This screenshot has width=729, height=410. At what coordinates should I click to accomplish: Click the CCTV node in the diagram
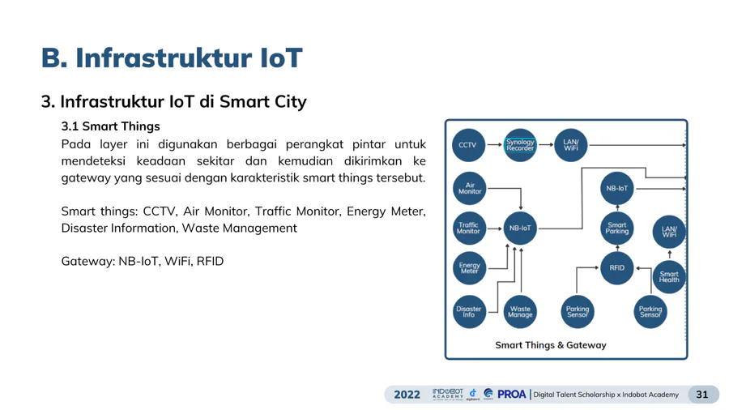[468, 145]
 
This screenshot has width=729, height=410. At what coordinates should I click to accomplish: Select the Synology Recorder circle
[520, 145]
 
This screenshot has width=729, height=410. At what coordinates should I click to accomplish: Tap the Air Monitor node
[470, 188]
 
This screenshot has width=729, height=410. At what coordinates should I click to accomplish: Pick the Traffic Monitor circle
[469, 228]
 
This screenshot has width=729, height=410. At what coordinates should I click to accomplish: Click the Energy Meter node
[469, 268]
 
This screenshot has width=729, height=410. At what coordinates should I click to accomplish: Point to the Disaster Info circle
[469, 311]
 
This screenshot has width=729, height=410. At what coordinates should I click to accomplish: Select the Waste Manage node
[520, 311]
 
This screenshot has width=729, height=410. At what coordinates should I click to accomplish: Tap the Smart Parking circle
[617, 228]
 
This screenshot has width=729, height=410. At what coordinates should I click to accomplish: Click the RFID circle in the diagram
[617, 267]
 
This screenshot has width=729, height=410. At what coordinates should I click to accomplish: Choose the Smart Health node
[669, 277]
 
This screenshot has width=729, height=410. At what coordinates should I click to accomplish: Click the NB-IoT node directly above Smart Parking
[617, 188]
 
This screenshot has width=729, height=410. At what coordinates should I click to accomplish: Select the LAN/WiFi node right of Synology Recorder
[571, 145]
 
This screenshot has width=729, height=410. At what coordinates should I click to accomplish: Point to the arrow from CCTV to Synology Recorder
[494, 144]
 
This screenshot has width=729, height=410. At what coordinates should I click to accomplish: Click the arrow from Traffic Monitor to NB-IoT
[495, 228]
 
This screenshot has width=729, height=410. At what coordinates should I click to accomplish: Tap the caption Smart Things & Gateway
[551, 345]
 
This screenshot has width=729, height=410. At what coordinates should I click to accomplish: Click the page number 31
[701, 395]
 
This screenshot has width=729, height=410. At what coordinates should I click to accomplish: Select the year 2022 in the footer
[407, 395]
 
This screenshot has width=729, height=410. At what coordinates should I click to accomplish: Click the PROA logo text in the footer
[511, 394]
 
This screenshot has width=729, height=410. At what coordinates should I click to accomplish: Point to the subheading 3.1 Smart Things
[110, 126]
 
